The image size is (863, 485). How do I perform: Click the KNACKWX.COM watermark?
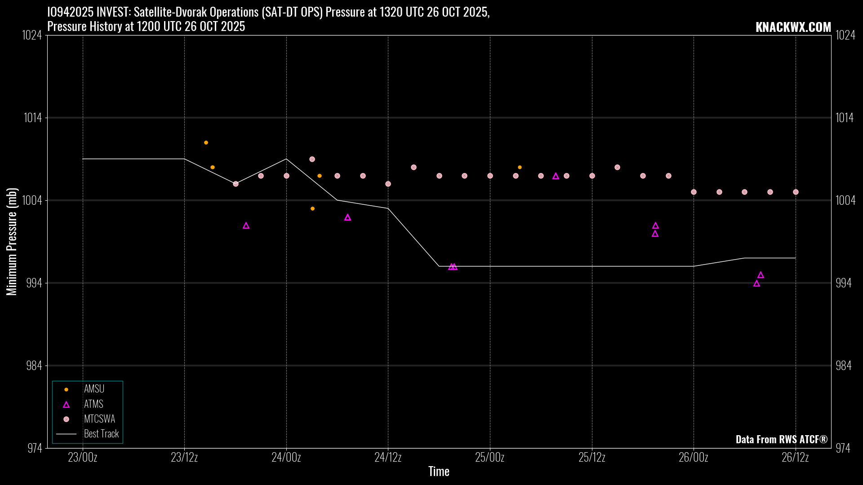coord(793,27)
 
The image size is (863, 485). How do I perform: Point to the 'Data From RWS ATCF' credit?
coord(781,439)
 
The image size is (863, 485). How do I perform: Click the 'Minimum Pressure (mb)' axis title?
coord(12,242)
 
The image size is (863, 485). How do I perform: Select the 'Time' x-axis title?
coord(439,471)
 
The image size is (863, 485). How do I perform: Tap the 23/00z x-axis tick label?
coord(83,458)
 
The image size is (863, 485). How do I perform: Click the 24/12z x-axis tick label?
coord(388,458)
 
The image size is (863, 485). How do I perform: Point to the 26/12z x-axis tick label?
coord(795,458)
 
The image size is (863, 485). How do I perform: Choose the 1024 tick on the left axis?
coord(32,35)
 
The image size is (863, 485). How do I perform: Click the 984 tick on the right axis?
coord(843,366)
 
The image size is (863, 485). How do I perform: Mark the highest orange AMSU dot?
coord(206,143)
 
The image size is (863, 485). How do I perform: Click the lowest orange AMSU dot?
coord(312,209)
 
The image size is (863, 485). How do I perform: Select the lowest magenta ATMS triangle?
coord(756,283)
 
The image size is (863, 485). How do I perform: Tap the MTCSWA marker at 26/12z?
coord(796,192)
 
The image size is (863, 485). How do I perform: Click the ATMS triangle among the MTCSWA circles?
coord(556,176)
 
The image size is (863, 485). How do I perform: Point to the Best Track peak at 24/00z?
coord(286,159)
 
